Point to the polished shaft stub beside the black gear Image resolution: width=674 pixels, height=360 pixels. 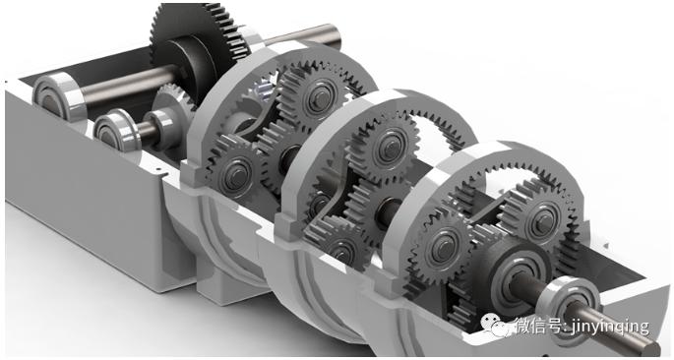tap(301, 35)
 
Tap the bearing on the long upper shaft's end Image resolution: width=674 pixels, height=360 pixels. tap(59, 94)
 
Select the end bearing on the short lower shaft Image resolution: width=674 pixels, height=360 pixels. tap(112, 130)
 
